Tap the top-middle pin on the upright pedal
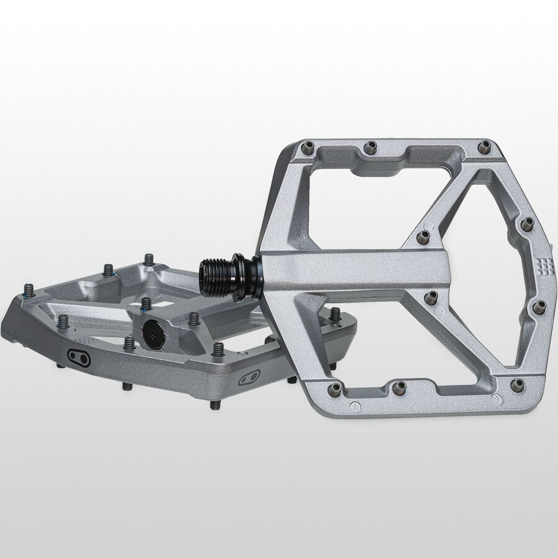click(370, 148)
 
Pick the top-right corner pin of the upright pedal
click(484, 146)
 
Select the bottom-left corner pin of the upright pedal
click(335, 388)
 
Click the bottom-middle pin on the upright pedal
click(397, 388)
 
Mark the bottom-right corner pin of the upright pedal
click(516, 384)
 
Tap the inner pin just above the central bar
click(423, 237)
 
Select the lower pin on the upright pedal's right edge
click(539, 306)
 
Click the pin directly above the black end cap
click(146, 304)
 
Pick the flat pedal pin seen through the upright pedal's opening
click(335, 314)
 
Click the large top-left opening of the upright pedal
click(360, 198)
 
